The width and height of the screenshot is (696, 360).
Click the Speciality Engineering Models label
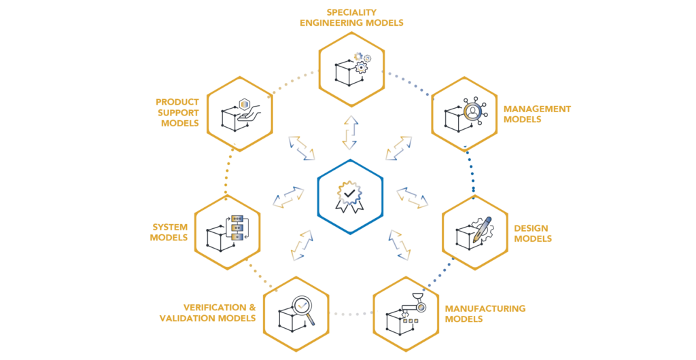(352, 18)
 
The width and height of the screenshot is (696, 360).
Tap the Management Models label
(536, 113)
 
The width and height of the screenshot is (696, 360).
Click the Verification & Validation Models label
(209, 312)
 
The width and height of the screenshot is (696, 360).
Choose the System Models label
(169, 232)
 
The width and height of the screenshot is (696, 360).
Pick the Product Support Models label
(177, 113)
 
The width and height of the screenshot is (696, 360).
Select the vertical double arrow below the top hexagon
(350, 132)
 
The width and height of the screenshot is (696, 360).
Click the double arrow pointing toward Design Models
(412, 198)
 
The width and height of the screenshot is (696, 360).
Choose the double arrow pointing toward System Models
(288, 197)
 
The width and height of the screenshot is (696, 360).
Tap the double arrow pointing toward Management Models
(399, 148)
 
